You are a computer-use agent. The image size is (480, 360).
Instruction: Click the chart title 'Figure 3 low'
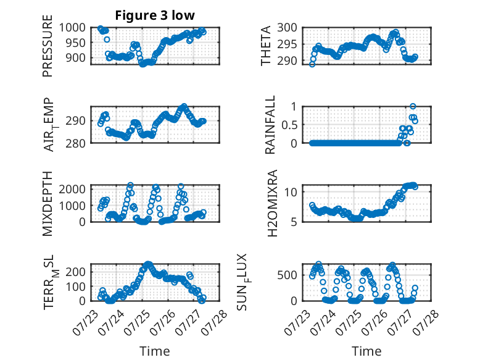[155, 15]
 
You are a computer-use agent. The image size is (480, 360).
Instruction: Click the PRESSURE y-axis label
[48, 46]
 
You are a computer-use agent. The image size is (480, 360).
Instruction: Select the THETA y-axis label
[266, 46]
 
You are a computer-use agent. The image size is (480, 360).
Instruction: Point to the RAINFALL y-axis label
[270, 125]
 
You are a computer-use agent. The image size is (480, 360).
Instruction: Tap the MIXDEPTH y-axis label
[48, 203]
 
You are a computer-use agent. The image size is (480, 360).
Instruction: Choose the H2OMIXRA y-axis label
[272, 203]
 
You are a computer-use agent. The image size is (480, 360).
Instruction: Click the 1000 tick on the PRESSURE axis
[72, 28]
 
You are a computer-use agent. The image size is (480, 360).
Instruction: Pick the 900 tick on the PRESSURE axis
[76, 57]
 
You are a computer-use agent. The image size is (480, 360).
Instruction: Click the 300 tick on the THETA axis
[288, 28]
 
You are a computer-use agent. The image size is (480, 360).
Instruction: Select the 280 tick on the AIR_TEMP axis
[76, 143]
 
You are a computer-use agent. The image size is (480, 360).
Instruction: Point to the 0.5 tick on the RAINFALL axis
[289, 125]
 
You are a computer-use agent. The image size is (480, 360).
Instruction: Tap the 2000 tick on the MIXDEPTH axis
[72, 189]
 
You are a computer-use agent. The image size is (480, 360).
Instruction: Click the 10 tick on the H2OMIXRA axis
[291, 192]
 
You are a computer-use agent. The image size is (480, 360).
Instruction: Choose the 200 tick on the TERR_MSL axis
[76, 272]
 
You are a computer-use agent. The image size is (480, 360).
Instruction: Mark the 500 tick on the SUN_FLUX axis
[288, 275]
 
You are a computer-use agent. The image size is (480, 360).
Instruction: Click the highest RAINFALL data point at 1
[413, 106]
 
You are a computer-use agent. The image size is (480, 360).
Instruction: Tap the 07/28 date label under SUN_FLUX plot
[426, 323]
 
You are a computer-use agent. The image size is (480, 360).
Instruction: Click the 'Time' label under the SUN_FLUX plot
[366, 351]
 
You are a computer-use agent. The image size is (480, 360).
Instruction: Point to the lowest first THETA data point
[312, 64]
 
